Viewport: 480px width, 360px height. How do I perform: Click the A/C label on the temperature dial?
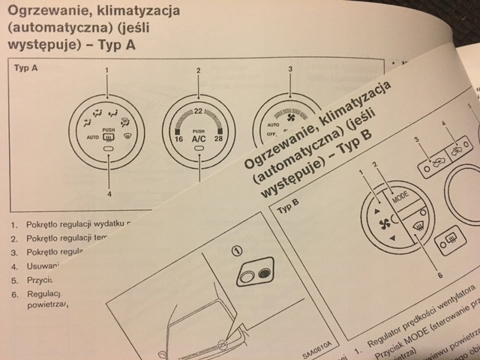199,139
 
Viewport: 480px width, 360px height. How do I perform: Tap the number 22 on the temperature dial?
199,112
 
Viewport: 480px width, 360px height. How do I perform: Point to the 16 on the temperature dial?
179,139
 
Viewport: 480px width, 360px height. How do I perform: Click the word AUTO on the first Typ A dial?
92,137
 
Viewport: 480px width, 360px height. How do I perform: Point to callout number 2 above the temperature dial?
199,70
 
